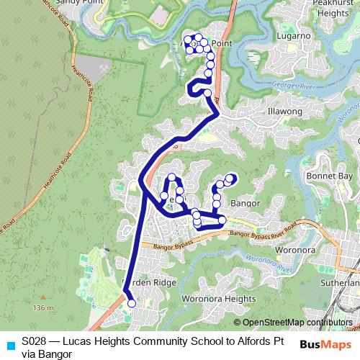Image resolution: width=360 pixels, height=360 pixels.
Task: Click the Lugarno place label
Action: click(x=276, y=35)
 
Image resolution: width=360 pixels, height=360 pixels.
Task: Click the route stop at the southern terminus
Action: click(x=131, y=304)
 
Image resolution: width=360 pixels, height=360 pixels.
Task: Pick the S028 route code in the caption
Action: click(x=36, y=341)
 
